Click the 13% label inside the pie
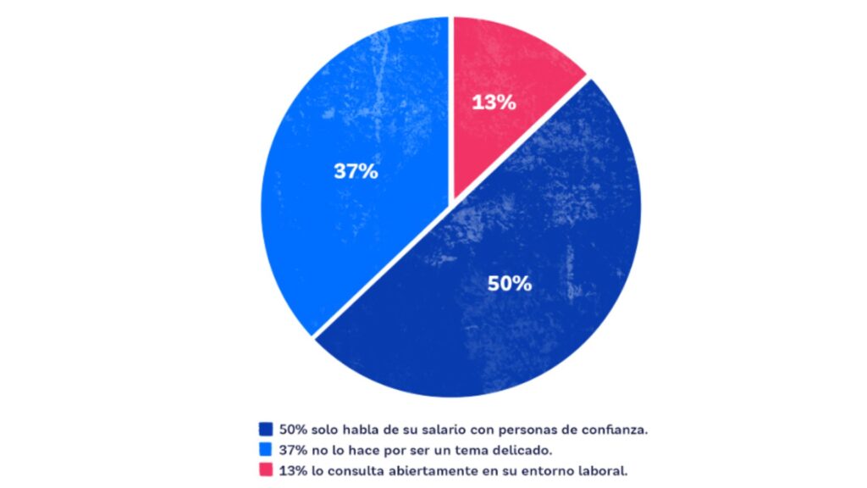494,103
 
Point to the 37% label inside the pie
355,170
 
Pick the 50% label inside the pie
509,284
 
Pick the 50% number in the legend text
292,430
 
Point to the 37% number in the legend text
292,449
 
